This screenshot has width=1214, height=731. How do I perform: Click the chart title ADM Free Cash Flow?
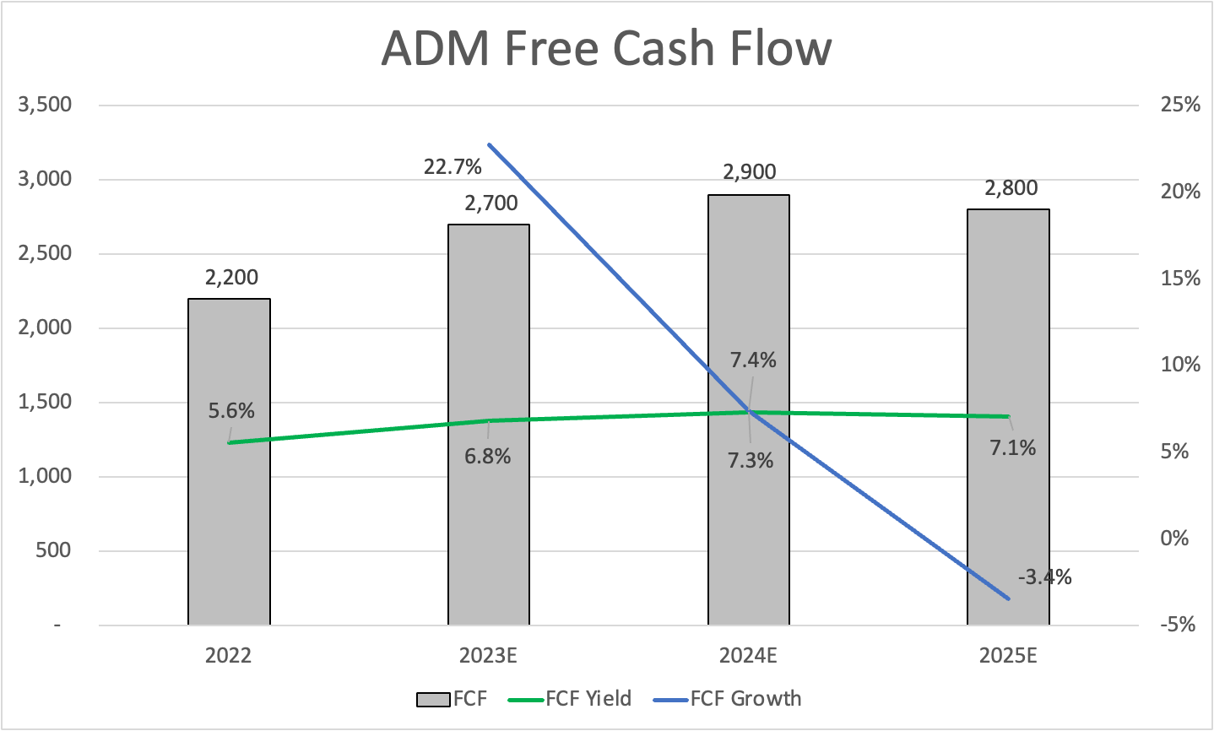(x=606, y=48)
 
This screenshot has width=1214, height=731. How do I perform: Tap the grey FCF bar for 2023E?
(x=489, y=523)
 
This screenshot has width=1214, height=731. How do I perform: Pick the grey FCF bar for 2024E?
(x=749, y=523)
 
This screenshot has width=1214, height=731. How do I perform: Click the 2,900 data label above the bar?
(x=749, y=172)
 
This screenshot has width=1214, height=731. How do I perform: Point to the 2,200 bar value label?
(x=231, y=277)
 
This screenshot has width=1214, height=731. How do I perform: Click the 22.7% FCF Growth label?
(x=453, y=166)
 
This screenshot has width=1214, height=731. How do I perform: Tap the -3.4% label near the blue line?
(x=1044, y=577)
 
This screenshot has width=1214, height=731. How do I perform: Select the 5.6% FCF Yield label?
(x=231, y=411)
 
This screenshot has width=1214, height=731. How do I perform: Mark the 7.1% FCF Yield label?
(x=1012, y=448)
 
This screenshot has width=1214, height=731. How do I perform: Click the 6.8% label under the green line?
(x=487, y=457)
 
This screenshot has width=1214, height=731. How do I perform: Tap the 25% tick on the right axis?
(x=1180, y=105)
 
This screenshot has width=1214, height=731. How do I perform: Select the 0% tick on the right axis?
(x=1174, y=539)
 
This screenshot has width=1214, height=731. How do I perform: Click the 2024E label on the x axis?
(x=748, y=656)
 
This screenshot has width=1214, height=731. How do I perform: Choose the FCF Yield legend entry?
(x=588, y=699)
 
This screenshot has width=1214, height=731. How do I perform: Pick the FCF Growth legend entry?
(x=745, y=699)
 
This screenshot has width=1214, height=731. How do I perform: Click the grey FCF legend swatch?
(x=433, y=700)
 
